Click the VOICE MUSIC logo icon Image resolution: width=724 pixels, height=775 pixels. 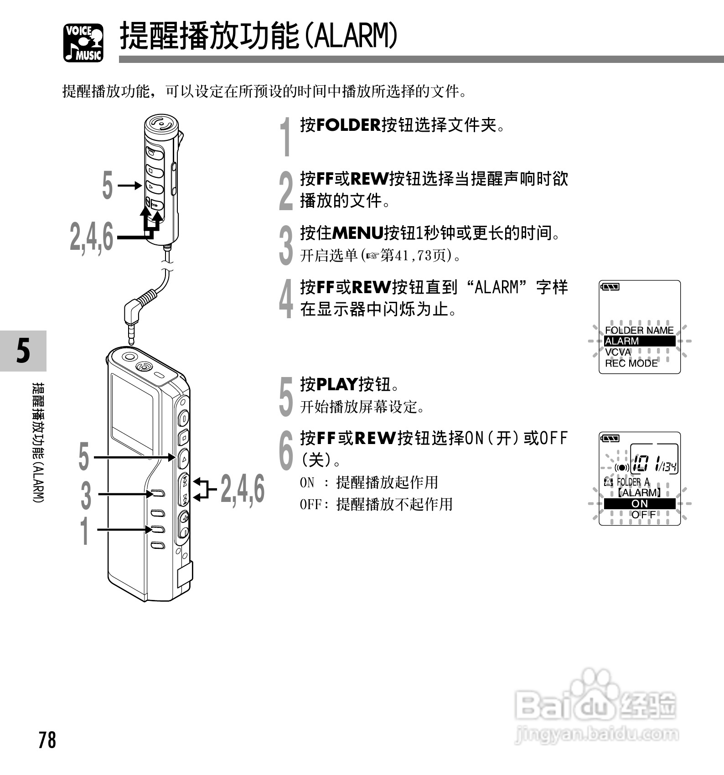[83, 42]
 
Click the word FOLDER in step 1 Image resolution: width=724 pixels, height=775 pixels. [348, 125]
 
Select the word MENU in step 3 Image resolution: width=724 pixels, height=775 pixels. [357, 233]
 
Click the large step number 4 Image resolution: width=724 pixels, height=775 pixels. [286, 299]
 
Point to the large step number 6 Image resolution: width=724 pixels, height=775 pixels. [286, 450]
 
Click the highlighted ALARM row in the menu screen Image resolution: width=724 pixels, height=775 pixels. [639, 341]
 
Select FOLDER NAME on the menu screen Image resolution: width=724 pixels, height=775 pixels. [639, 330]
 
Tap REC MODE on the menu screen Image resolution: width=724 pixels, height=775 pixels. [631, 363]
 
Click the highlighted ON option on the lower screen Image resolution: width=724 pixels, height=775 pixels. [639, 504]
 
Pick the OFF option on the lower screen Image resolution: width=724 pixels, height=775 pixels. [643, 515]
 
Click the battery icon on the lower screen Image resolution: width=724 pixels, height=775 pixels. [610, 439]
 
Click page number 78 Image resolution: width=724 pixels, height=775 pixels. [47, 740]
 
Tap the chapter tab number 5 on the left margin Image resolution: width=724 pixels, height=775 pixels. [23, 351]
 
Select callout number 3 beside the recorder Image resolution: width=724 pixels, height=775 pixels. [86, 496]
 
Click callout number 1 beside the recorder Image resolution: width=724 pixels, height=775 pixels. [85, 530]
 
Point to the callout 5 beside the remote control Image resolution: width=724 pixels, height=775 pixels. [107, 186]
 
